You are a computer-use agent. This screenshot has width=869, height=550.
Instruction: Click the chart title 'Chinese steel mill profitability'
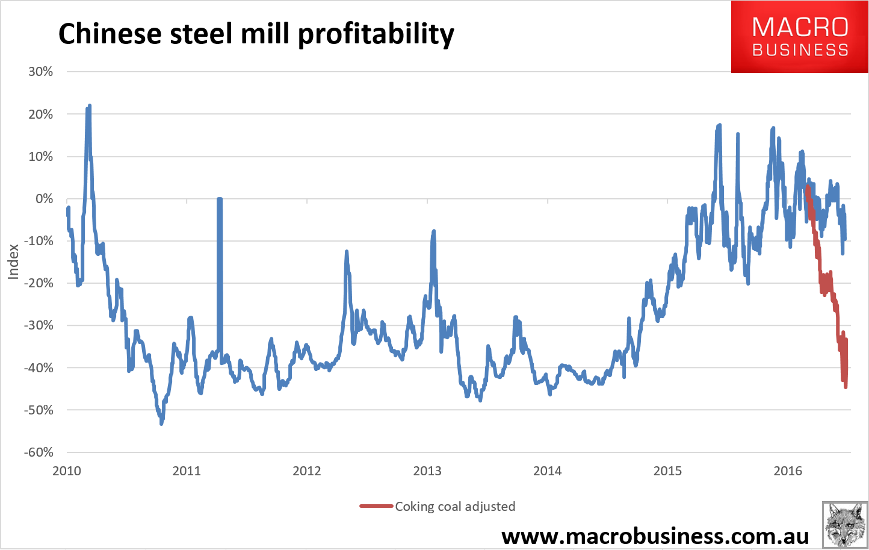256,34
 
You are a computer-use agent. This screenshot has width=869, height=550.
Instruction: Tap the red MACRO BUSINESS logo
799,37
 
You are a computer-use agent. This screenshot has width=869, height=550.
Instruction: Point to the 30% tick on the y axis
40,72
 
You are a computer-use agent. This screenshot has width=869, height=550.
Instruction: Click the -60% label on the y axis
39,452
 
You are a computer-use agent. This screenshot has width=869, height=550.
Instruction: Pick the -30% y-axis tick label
39,325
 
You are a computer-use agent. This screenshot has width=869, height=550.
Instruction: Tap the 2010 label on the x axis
67,471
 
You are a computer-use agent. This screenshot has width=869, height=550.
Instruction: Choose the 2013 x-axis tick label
427,471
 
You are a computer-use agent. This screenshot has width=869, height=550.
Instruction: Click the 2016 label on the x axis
788,471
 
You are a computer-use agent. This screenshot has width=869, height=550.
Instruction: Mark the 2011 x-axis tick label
187,471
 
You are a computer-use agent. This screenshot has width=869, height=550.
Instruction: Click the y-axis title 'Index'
13,261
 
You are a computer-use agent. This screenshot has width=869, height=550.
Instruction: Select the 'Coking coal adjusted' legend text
455,507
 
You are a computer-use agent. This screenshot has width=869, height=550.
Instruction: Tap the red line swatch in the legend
376,507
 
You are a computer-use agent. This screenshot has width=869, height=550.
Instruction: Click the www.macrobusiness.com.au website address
655,536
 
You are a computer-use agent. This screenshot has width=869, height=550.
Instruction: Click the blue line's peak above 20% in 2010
89,106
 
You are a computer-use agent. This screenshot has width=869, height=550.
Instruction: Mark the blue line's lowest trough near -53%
161,423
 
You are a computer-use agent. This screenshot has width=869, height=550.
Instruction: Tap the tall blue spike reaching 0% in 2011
220,199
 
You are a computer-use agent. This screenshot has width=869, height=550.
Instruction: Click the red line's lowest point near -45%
846,387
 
